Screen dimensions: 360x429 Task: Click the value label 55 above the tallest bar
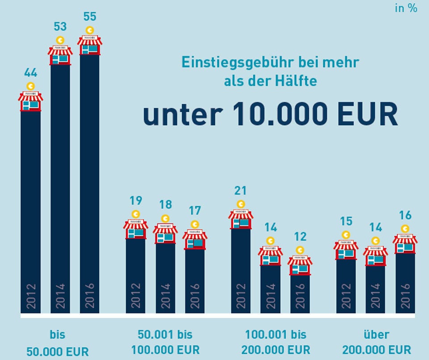[x=90, y=17]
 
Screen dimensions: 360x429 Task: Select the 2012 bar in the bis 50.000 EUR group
[x=30, y=210]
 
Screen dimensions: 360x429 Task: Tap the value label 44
[x=30, y=73]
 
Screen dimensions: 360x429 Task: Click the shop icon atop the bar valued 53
[x=60, y=55]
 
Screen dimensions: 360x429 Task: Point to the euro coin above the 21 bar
[x=241, y=204]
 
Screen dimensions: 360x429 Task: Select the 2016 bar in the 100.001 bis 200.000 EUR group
[x=300, y=293]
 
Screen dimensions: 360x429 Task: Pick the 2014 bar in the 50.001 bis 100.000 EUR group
[x=165, y=277]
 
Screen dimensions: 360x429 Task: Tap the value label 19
[x=135, y=201]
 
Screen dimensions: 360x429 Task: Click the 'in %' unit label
[x=406, y=8]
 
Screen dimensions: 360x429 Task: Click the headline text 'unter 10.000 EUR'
[x=270, y=114]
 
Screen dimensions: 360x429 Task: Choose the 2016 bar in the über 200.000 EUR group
[x=405, y=282]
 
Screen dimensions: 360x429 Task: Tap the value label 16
[x=405, y=216]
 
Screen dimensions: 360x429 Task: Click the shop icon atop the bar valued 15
[x=346, y=250]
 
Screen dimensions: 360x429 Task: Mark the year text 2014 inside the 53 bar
[x=60, y=295]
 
